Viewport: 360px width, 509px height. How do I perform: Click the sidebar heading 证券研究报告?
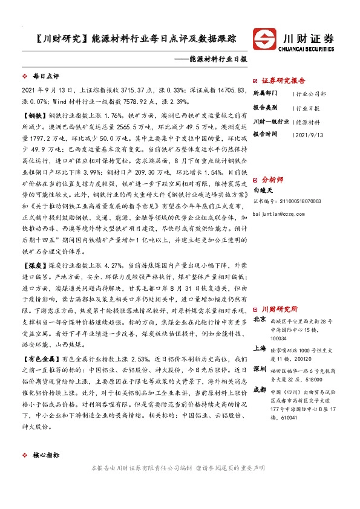point(284,80)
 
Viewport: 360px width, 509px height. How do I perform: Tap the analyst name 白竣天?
point(261,189)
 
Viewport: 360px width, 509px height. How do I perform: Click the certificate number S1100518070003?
point(299,201)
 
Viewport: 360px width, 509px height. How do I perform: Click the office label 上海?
point(260,348)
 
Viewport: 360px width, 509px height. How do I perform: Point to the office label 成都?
point(260,390)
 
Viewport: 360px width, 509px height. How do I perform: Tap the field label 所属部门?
point(265,94)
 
